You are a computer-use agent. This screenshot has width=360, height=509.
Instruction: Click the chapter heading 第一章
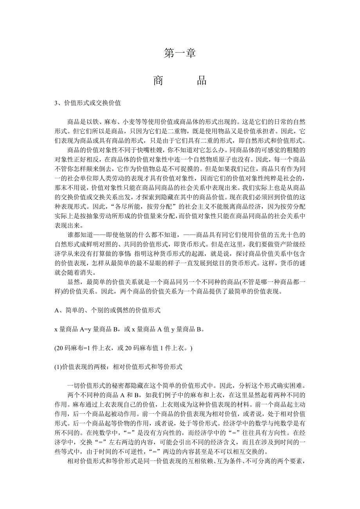pos(180,53)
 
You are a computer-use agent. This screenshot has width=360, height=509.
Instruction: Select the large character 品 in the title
pos(201,81)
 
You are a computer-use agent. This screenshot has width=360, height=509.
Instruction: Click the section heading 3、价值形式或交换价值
pos(87,103)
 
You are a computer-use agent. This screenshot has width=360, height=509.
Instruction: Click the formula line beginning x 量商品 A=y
pos(129,329)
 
